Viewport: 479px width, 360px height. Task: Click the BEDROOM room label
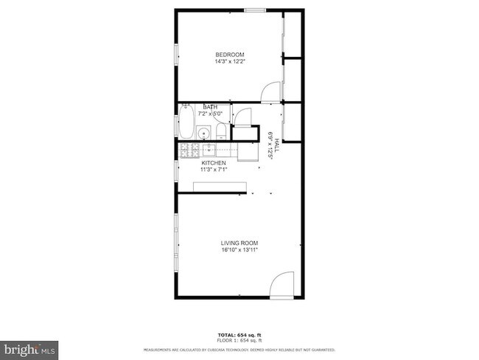(229, 55)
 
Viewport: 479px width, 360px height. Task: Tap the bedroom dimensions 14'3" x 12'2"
(229, 62)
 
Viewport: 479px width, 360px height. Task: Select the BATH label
(210, 108)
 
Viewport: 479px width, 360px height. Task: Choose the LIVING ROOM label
(239, 243)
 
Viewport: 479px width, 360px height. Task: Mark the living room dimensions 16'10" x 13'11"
(239, 250)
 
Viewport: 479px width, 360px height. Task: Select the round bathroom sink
(203, 134)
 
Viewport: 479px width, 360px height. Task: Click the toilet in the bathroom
(220, 131)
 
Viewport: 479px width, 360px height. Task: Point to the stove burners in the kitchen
(189, 150)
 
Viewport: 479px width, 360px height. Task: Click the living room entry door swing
(282, 284)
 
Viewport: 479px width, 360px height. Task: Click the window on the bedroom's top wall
(254, 10)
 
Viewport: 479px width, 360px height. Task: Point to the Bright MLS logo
(29, 347)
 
